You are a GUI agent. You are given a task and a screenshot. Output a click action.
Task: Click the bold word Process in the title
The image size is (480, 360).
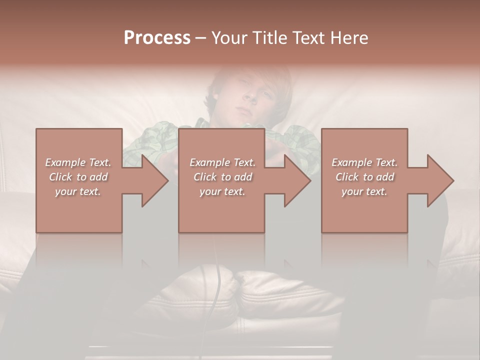click(x=157, y=38)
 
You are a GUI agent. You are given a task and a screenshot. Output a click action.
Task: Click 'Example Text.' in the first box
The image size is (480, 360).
click(x=78, y=162)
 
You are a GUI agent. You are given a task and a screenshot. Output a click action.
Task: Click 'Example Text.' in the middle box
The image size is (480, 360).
click(x=222, y=162)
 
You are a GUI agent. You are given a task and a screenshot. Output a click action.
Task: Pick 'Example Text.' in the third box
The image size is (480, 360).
click(x=364, y=162)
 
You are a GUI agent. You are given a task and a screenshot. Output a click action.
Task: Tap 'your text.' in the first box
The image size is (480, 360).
click(x=78, y=191)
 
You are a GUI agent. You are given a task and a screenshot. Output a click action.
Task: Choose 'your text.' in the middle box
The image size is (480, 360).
click(x=222, y=191)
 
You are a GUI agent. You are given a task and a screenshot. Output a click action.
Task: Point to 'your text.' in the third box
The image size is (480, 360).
click(x=364, y=191)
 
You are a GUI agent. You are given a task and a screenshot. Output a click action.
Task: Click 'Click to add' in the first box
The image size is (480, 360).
click(x=78, y=177)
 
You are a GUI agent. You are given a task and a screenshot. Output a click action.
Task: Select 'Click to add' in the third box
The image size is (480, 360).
click(x=364, y=177)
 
